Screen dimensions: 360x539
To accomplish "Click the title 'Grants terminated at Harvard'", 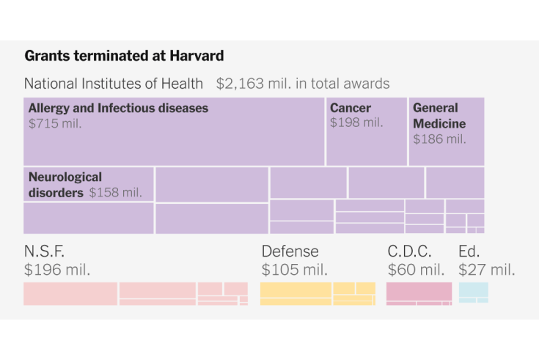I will tap(124, 56).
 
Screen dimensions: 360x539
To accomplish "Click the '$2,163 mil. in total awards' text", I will tap(303, 84).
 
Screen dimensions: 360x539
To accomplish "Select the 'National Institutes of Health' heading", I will tap(115, 84).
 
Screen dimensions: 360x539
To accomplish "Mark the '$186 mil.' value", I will tap(439, 139).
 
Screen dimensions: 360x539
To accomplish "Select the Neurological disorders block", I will tap(88, 185).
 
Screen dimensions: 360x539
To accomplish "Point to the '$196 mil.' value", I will tap(57, 269).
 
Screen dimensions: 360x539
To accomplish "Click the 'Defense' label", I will tap(290, 251).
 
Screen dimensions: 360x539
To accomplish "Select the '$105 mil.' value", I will tap(294, 269).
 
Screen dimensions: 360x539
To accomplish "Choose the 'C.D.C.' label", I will tap(409, 251).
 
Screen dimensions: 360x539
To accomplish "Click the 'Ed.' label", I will tap(469, 251).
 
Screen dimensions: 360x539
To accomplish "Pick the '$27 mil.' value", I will tap(487, 269).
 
